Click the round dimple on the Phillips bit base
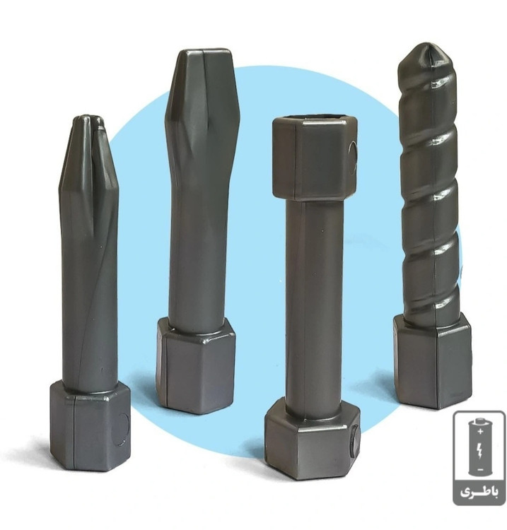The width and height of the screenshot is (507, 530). tap(121, 429)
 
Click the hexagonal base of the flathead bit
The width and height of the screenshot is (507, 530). tap(196, 367)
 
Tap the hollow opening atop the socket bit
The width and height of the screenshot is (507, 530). tap(315, 118)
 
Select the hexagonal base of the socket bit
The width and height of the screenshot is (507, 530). tap(312, 440)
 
